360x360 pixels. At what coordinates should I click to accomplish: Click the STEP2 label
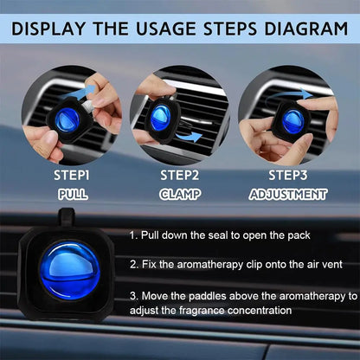coord(179,176)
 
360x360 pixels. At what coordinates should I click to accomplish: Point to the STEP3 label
coord(289,176)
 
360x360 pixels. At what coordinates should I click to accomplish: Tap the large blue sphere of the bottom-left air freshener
coord(68,271)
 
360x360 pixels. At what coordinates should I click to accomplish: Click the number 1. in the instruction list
coord(135,235)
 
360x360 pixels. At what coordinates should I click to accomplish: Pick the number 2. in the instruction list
coord(135,264)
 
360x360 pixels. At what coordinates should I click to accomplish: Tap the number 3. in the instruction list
coord(135,295)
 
